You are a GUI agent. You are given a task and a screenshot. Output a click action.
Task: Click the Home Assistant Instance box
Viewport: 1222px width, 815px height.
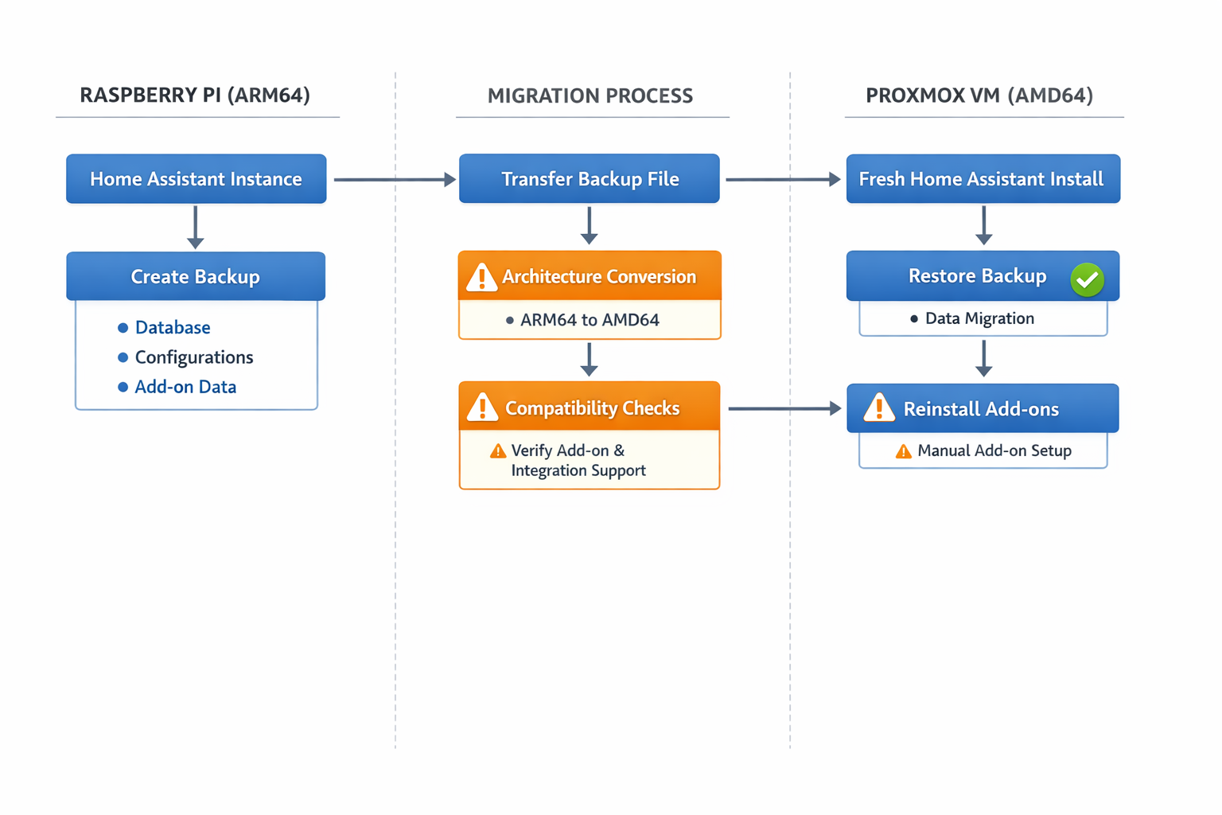[196, 179]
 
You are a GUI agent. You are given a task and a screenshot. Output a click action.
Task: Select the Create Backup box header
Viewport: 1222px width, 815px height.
[196, 276]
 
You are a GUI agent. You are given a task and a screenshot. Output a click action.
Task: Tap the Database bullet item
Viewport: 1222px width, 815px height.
[172, 327]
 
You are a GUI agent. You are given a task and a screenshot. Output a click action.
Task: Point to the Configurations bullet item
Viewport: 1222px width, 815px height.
[193, 357]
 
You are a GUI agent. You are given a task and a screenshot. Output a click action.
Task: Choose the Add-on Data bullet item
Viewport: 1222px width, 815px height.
[185, 387]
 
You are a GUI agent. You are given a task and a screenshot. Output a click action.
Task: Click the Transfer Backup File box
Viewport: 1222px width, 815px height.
[590, 179]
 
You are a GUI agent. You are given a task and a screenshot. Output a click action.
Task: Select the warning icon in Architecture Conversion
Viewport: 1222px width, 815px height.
[481, 277]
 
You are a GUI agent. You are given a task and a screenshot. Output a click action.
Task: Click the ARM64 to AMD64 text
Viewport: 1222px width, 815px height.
[589, 320]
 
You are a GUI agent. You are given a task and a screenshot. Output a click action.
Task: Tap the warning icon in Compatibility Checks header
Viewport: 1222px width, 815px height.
[482, 407]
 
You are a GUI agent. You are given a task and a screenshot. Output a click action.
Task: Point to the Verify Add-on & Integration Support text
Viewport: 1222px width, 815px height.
[578, 460]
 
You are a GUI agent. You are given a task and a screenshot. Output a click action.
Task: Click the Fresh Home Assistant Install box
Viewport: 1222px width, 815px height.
[983, 179]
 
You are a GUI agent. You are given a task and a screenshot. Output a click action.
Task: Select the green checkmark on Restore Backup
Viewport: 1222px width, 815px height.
[1087, 280]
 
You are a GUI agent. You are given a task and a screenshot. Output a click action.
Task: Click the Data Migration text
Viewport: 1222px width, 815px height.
[979, 318]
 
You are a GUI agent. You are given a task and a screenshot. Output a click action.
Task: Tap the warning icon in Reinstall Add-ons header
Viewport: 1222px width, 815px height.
[879, 407]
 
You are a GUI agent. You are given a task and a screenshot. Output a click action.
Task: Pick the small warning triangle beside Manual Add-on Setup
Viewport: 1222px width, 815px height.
[904, 451]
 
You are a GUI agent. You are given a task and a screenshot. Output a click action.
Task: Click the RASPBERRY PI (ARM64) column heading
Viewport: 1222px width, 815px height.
[195, 96]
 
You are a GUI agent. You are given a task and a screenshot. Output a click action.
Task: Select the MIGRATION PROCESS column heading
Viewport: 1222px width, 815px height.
[590, 96]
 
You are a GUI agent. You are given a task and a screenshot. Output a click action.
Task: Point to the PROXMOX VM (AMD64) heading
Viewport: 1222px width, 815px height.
[979, 96]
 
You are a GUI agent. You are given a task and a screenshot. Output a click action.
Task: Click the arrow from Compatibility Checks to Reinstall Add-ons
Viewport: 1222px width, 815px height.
[784, 408]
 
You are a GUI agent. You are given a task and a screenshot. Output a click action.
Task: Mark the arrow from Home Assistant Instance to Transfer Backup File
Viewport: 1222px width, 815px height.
[394, 180]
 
